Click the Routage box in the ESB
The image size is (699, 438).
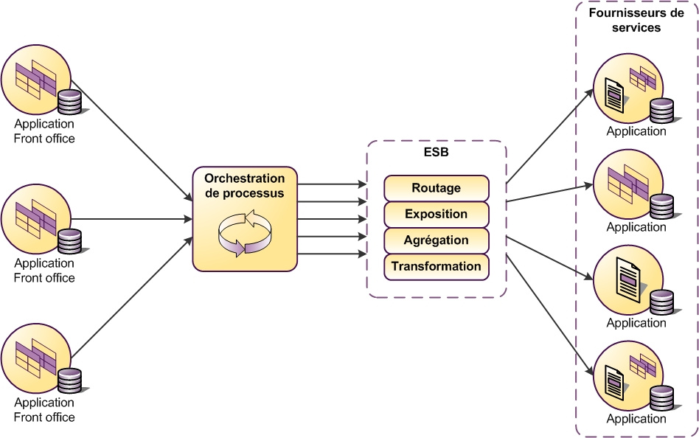pos(436,188)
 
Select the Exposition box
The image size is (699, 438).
pos(436,215)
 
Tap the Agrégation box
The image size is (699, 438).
pos(436,240)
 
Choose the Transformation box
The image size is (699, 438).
pos(436,266)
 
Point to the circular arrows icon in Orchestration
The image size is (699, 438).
pos(244,232)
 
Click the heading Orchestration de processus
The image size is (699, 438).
pos(244,186)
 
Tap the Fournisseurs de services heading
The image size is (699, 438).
pos(636,21)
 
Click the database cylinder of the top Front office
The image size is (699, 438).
pos(69,102)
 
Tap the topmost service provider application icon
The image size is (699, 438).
pos(629,88)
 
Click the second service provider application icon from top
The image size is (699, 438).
pos(629,184)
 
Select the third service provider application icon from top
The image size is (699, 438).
pos(629,279)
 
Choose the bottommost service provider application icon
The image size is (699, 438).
pos(629,375)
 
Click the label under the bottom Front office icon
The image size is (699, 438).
pos(44,410)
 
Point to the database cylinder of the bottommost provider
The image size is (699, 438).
pos(661,397)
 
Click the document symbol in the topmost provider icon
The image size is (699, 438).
pos(613,95)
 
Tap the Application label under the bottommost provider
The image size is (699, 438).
pos(636,419)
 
